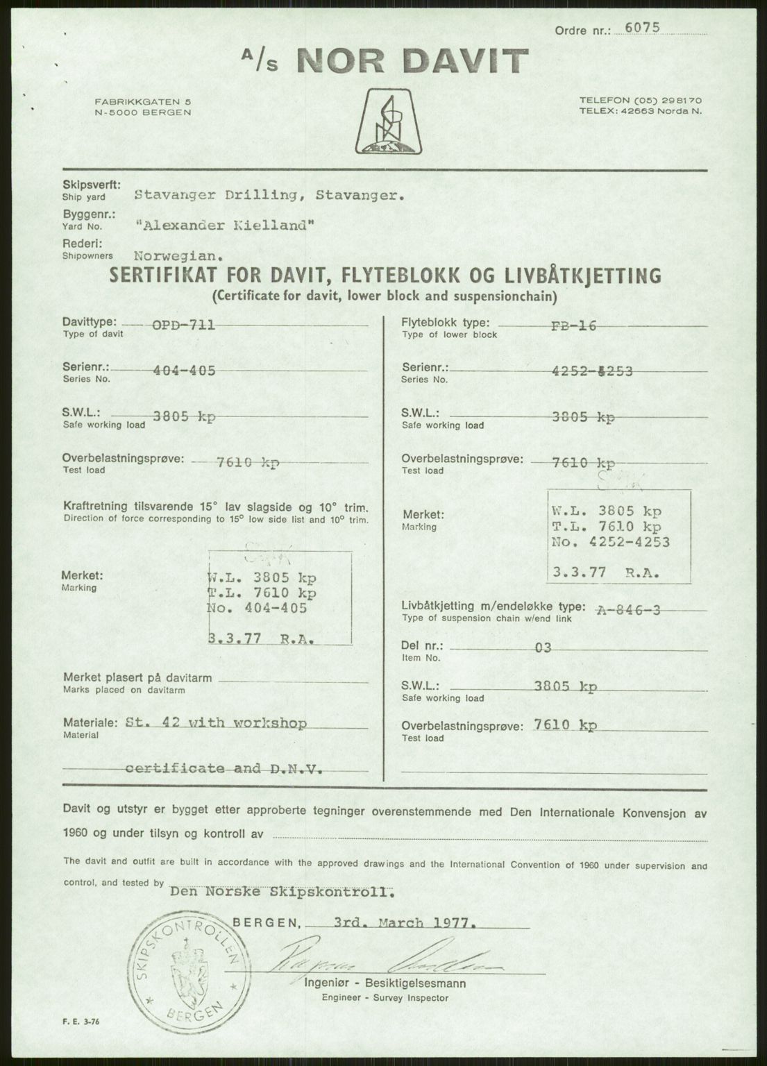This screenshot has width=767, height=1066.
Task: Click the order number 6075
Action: pos(643,28)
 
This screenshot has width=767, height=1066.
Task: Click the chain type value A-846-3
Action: pos(627,609)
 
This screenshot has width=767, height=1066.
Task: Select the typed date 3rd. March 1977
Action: pos(405,923)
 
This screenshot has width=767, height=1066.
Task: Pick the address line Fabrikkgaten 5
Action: pos(144,102)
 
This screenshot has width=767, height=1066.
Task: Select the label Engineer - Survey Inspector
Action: pos(385,998)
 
